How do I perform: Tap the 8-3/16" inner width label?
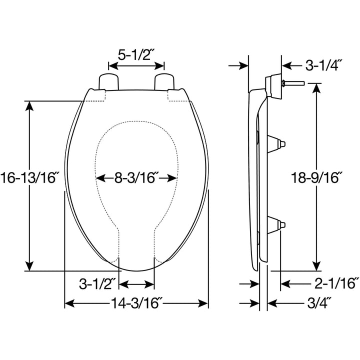point(136,177)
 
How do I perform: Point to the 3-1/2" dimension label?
point(97,284)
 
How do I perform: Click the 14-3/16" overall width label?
point(136,303)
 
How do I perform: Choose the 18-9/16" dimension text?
point(317,177)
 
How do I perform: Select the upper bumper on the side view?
point(278,143)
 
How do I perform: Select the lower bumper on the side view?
point(278,226)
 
